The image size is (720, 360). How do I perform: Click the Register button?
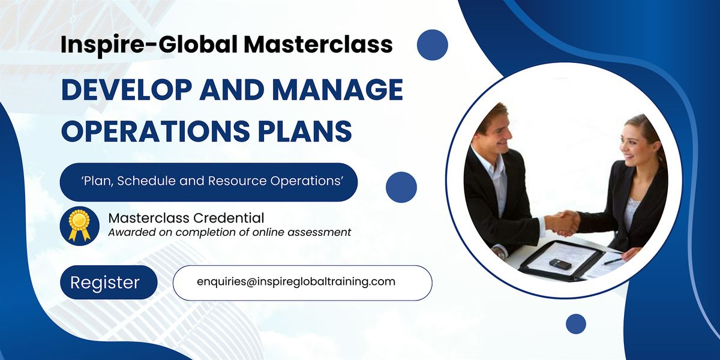point(106,283)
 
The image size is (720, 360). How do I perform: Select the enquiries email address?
point(296,281)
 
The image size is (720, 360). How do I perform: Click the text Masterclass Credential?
point(186,218)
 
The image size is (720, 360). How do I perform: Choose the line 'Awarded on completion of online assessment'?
point(230,232)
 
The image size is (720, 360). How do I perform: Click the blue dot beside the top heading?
point(433,44)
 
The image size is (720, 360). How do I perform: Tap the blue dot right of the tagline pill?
point(401,187)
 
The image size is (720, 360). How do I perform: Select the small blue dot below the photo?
point(576,324)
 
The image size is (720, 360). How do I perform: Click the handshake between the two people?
point(563,222)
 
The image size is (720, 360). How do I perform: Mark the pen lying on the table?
point(614,261)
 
